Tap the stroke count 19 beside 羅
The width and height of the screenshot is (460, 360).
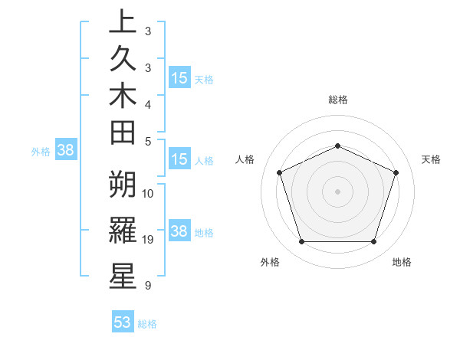pos(148,240)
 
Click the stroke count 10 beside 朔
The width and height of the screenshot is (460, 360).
pos(148,193)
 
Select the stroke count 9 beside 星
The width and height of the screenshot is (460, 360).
pos(147,286)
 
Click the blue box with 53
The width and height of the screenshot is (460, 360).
pos(123,322)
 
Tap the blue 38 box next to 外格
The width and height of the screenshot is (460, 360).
pos(65,151)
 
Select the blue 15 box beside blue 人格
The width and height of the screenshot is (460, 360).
pos(179,160)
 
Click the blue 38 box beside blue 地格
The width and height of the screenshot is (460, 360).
pos(179,231)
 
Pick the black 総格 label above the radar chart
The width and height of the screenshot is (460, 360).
pos(338,100)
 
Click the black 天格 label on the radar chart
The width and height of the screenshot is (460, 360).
pos(432,159)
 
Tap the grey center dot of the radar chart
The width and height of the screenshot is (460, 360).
pos(338,191)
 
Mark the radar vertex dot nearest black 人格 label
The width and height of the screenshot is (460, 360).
pos(279,172)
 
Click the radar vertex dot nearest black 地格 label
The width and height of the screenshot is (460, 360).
pos(374,242)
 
